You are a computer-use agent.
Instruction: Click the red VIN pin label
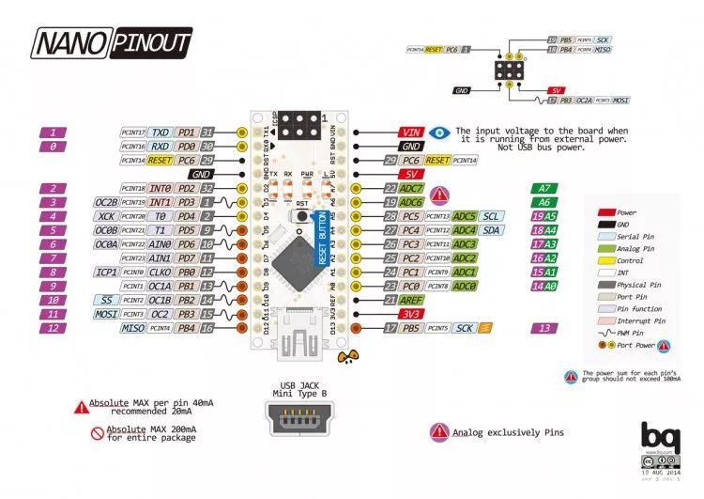point(411,133)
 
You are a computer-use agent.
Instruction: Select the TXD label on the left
point(161,133)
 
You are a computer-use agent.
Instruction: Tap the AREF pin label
point(411,299)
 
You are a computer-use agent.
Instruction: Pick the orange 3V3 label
point(409,313)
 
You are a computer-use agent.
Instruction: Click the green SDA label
point(491,230)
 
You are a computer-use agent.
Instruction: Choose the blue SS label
point(106,299)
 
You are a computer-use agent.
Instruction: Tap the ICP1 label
point(105,272)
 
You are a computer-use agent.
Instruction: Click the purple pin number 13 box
point(545,328)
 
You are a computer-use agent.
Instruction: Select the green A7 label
point(545,189)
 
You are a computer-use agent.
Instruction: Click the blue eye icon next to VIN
point(438,133)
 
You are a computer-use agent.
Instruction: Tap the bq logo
point(657,436)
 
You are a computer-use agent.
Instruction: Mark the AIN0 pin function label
point(160,244)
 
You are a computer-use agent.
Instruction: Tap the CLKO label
point(160,272)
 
